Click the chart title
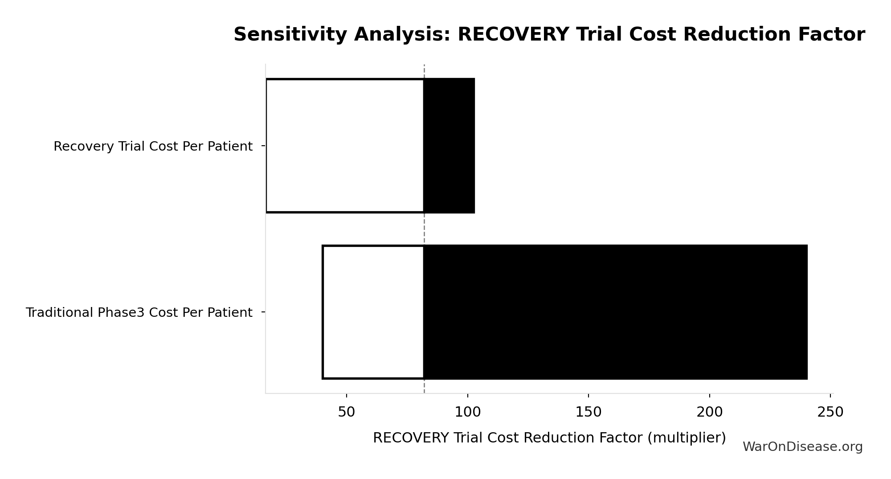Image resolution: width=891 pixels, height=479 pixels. point(549,35)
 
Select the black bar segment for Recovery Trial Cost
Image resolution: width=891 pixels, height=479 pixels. point(449,146)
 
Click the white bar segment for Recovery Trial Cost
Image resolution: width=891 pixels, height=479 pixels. point(345,146)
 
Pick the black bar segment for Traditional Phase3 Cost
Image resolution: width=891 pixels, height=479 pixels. point(615,312)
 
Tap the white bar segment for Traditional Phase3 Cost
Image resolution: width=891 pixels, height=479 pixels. point(373,312)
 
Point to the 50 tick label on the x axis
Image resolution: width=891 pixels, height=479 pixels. point(347,412)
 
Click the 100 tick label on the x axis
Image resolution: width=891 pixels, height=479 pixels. point(467,412)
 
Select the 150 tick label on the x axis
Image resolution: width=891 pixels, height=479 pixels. point(589,412)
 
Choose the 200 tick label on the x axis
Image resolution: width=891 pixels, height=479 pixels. point(709,412)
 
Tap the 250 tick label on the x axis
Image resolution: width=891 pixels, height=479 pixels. point(830,412)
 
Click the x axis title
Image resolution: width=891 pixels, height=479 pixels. point(549,438)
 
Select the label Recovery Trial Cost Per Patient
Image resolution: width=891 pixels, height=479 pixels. point(153,146)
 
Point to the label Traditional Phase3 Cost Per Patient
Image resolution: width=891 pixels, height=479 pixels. point(139,313)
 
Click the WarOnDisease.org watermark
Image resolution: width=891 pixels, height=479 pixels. point(802,447)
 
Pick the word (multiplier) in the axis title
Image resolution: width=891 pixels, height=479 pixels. point(686,438)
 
